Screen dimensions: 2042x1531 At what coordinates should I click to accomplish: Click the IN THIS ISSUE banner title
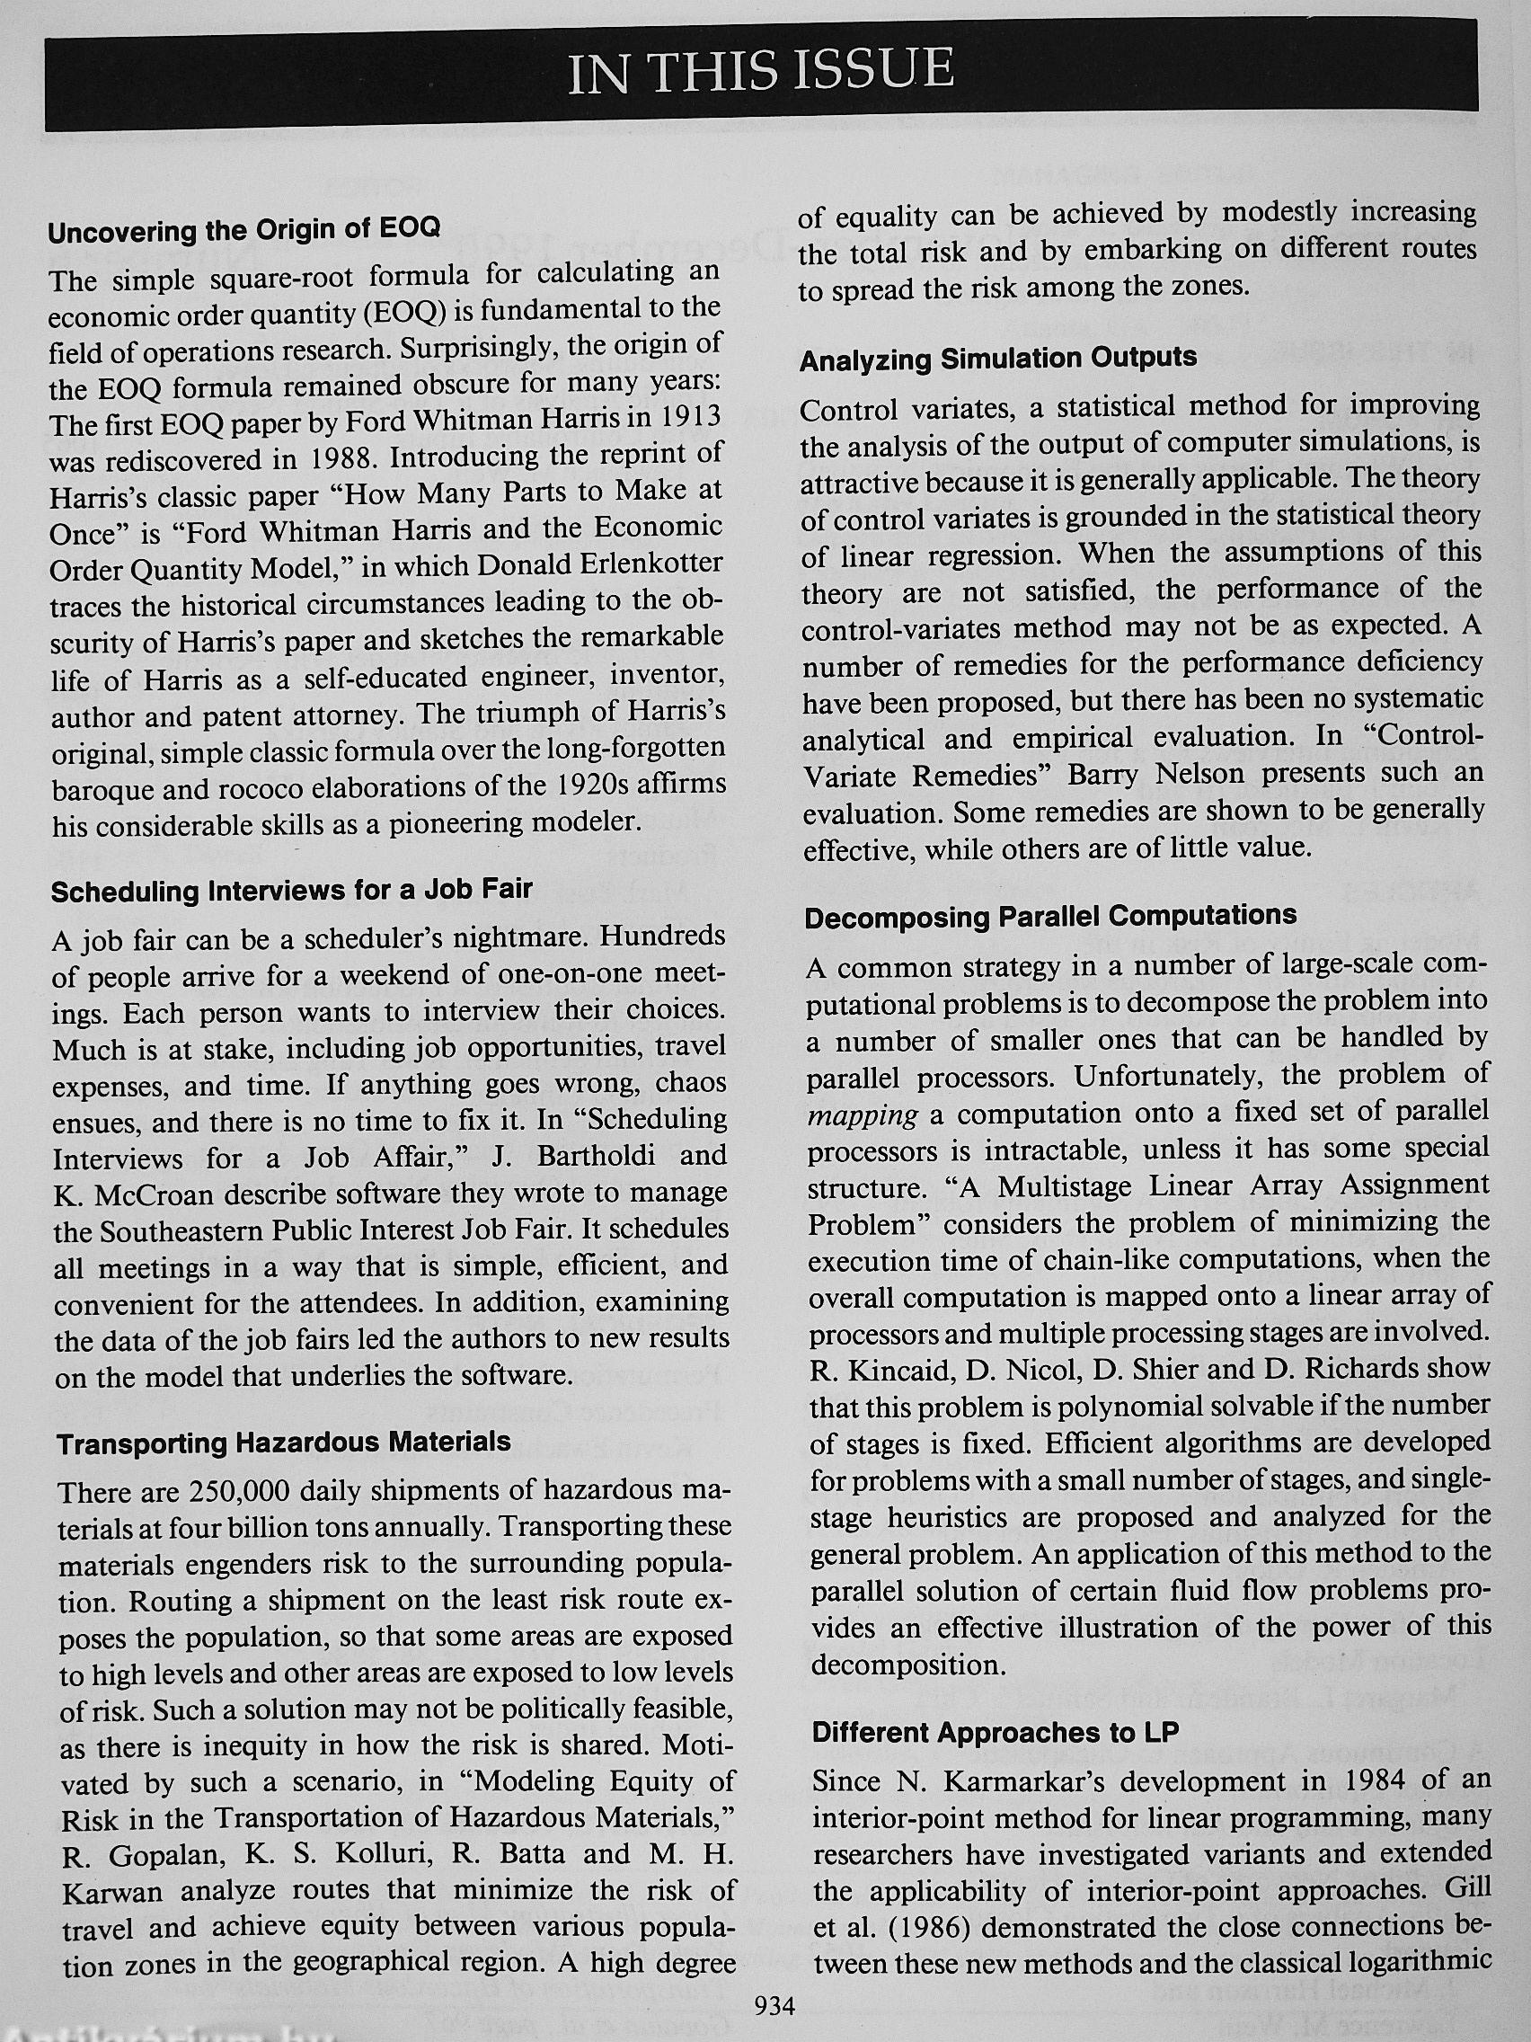pyautogui.click(x=760, y=72)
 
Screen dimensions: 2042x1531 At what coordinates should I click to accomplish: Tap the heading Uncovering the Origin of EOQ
pyautogui.click(x=244, y=229)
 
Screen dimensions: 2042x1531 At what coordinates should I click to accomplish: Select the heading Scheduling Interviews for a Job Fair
pyautogui.click(x=292, y=891)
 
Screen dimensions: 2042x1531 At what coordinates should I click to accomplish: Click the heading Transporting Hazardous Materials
pyautogui.click(x=283, y=1442)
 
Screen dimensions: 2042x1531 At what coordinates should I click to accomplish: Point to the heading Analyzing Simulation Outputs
pyautogui.click(x=997, y=359)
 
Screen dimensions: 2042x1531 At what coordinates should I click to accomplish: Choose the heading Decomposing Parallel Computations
pyautogui.click(x=1050, y=917)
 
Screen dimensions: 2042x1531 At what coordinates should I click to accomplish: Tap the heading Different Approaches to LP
pyautogui.click(x=996, y=1732)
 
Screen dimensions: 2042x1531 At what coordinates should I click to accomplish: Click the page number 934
pyautogui.click(x=774, y=2003)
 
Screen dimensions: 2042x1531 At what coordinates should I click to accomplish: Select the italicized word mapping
pyautogui.click(x=862, y=1115)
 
